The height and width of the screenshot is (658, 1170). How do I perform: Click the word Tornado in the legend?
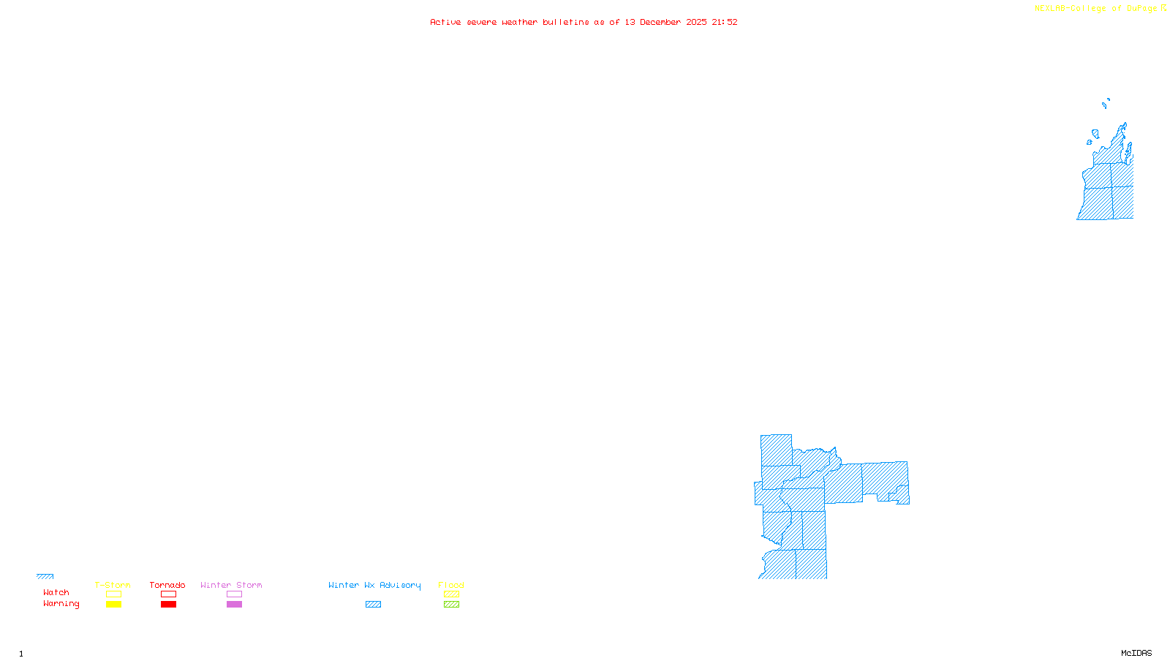pyautogui.click(x=167, y=585)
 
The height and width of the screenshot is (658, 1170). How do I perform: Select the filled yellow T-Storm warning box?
pyautogui.click(x=113, y=605)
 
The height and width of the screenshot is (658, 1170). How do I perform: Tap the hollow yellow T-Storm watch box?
pyautogui.click(x=113, y=594)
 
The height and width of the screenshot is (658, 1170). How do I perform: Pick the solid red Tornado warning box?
pyautogui.click(x=168, y=605)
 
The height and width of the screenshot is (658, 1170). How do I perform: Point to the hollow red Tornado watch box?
pyautogui.click(x=168, y=594)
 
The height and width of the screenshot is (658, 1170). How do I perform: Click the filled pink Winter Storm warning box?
pyautogui.click(x=234, y=605)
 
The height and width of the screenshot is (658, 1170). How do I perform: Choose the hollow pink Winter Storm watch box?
pyautogui.click(x=234, y=594)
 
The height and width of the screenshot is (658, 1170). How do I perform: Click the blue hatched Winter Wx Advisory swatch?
pyautogui.click(x=373, y=605)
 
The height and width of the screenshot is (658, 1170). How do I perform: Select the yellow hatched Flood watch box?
pyautogui.click(x=451, y=594)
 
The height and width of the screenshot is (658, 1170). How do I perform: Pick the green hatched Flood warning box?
pyautogui.click(x=451, y=605)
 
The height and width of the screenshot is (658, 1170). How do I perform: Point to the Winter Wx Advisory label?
pyautogui.click(x=374, y=585)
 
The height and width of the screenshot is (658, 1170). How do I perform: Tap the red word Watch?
pyautogui.click(x=56, y=593)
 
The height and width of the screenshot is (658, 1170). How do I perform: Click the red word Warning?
pyautogui.click(x=61, y=604)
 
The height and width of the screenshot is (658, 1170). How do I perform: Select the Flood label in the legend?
pyautogui.click(x=451, y=585)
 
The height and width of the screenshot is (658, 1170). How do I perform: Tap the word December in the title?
pyautogui.click(x=660, y=22)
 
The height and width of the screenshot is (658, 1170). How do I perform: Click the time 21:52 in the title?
pyautogui.click(x=725, y=22)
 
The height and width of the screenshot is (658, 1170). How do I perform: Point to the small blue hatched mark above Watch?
pyautogui.click(x=45, y=576)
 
